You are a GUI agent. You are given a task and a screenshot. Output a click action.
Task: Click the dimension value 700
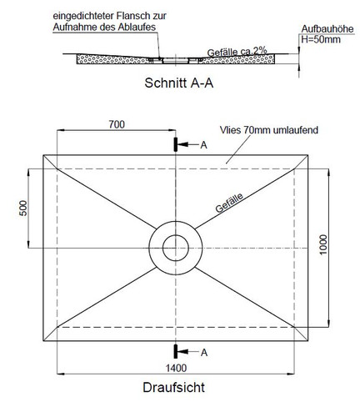click(x=117, y=124)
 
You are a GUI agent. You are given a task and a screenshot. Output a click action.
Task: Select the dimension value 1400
click(x=176, y=368)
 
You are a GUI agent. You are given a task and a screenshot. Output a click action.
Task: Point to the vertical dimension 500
click(x=23, y=208)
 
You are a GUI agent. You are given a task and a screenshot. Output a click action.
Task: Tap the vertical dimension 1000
click(x=323, y=244)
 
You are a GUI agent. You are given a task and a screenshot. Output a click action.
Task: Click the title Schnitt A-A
click(x=178, y=83)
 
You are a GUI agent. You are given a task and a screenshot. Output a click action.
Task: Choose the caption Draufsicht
click(x=174, y=387)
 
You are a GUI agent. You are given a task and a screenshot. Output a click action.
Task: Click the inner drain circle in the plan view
click(x=176, y=235)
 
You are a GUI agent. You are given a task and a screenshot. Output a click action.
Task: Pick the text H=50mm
click(x=321, y=39)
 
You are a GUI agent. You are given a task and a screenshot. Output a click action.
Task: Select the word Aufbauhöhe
click(x=327, y=28)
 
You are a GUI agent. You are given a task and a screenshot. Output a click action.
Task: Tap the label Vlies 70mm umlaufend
click(x=269, y=130)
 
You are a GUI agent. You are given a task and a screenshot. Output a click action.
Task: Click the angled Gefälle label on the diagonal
click(x=229, y=203)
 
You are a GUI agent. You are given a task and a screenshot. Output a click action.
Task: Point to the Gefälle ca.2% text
click(x=237, y=52)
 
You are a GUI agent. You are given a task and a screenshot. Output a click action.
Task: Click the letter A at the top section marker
click(x=204, y=145)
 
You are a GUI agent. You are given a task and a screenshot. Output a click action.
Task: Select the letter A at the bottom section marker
click(x=204, y=353)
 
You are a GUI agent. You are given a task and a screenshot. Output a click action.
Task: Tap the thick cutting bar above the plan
click(x=176, y=144)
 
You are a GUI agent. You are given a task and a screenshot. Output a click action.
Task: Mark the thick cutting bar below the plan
click(x=176, y=352)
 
